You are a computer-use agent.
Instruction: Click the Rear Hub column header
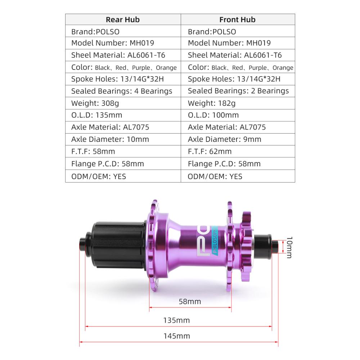[x=123, y=19]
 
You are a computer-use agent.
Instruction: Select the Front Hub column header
[x=237, y=19]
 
